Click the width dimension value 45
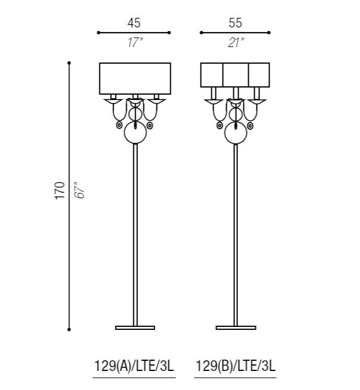tap(134, 23)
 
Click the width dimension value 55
tap(235, 23)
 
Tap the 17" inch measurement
tap(135, 42)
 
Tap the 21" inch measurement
tap(236, 42)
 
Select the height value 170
tap(60, 191)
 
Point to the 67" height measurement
tap(80, 191)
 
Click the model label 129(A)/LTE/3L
tap(134, 366)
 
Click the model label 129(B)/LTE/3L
tap(236, 366)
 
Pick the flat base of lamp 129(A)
tap(135, 328)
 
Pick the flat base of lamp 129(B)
tap(236, 328)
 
